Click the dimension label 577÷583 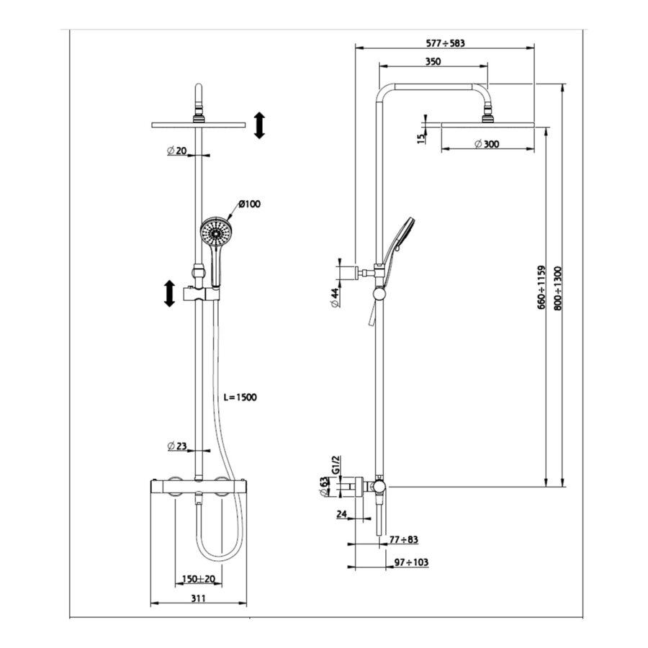444,43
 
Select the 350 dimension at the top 432,62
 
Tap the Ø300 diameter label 487,144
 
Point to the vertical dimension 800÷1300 559,288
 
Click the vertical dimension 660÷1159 541,288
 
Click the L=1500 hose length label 240,397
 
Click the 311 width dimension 199,598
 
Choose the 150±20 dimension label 199,579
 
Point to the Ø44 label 335,298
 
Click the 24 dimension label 341,514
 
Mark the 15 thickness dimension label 421,138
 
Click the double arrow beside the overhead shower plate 259,125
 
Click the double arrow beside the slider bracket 169,294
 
